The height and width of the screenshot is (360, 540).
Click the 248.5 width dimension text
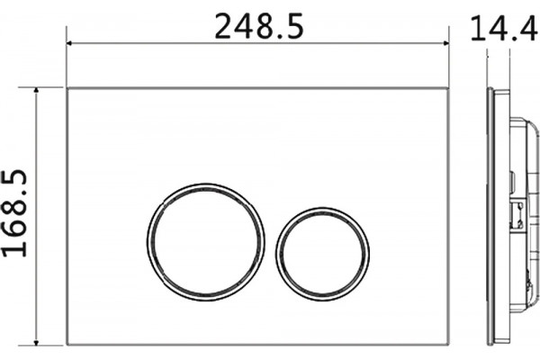coord(259,26)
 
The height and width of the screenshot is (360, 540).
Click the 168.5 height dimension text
coord(14,213)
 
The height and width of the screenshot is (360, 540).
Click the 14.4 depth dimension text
coord(504,28)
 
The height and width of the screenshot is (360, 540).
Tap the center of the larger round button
coord(206,242)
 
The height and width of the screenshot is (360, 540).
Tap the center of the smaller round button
coord(323,254)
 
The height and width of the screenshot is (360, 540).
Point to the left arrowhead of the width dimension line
coord(69,43)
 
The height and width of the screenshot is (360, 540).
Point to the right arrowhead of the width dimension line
coord(446,43)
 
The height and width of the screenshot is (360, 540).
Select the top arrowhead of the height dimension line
coord(36,90)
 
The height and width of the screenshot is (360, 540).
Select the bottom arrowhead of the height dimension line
coord(36,343)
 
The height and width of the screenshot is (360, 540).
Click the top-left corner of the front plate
coord(67,88)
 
